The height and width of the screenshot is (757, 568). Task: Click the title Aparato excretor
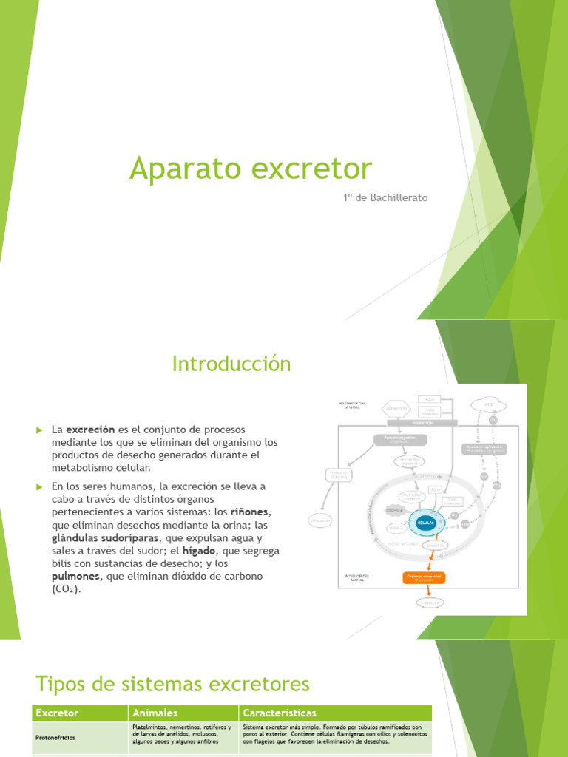pos(251,169)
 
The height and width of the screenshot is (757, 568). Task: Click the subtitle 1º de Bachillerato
pos(385,197)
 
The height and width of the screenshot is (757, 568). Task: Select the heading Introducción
pos(231,364)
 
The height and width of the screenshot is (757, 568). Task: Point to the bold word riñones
pos(248,512)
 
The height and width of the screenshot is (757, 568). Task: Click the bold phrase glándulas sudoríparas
pos(106,537)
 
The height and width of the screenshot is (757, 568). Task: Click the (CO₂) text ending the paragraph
pos(67,589)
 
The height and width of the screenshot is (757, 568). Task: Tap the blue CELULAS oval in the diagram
pos(426,522)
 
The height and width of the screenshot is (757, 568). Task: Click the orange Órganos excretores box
pos(428,576)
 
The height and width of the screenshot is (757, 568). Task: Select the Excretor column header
pos(58,713)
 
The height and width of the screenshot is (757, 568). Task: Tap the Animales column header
pos(155,713)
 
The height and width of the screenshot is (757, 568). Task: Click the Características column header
pos(280,713)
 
